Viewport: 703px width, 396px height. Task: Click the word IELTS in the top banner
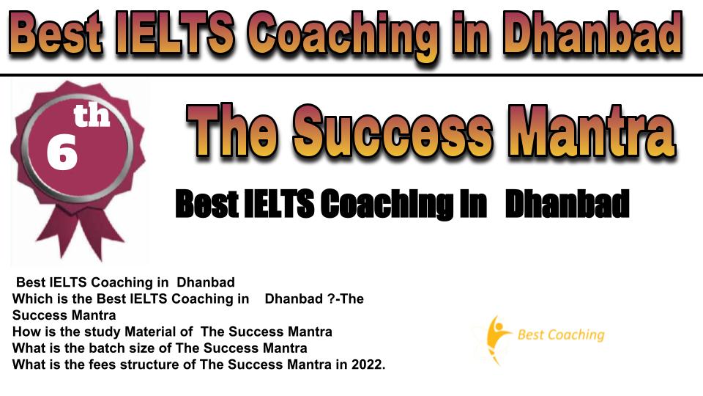[x=174, y=33]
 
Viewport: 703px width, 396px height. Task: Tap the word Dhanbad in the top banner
[x=592, y=33]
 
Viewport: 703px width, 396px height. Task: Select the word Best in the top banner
[x=56, y=33]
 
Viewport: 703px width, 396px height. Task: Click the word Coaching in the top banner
[x=343, y=37]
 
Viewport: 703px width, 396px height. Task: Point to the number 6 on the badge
[x=62, y=153]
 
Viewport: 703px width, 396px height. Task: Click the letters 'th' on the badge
[x=92, y=115]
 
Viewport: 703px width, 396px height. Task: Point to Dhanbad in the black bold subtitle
[x=567, y=204]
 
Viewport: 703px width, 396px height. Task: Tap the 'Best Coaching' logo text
[x=561, y=334]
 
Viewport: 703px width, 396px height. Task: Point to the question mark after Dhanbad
[x=330, y=298]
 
